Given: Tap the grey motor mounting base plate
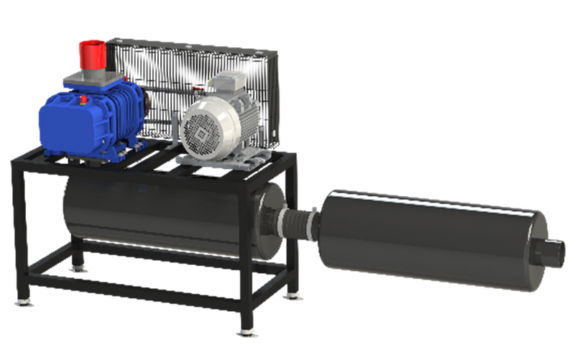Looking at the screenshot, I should pyautogui.click(x=216, y=162).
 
